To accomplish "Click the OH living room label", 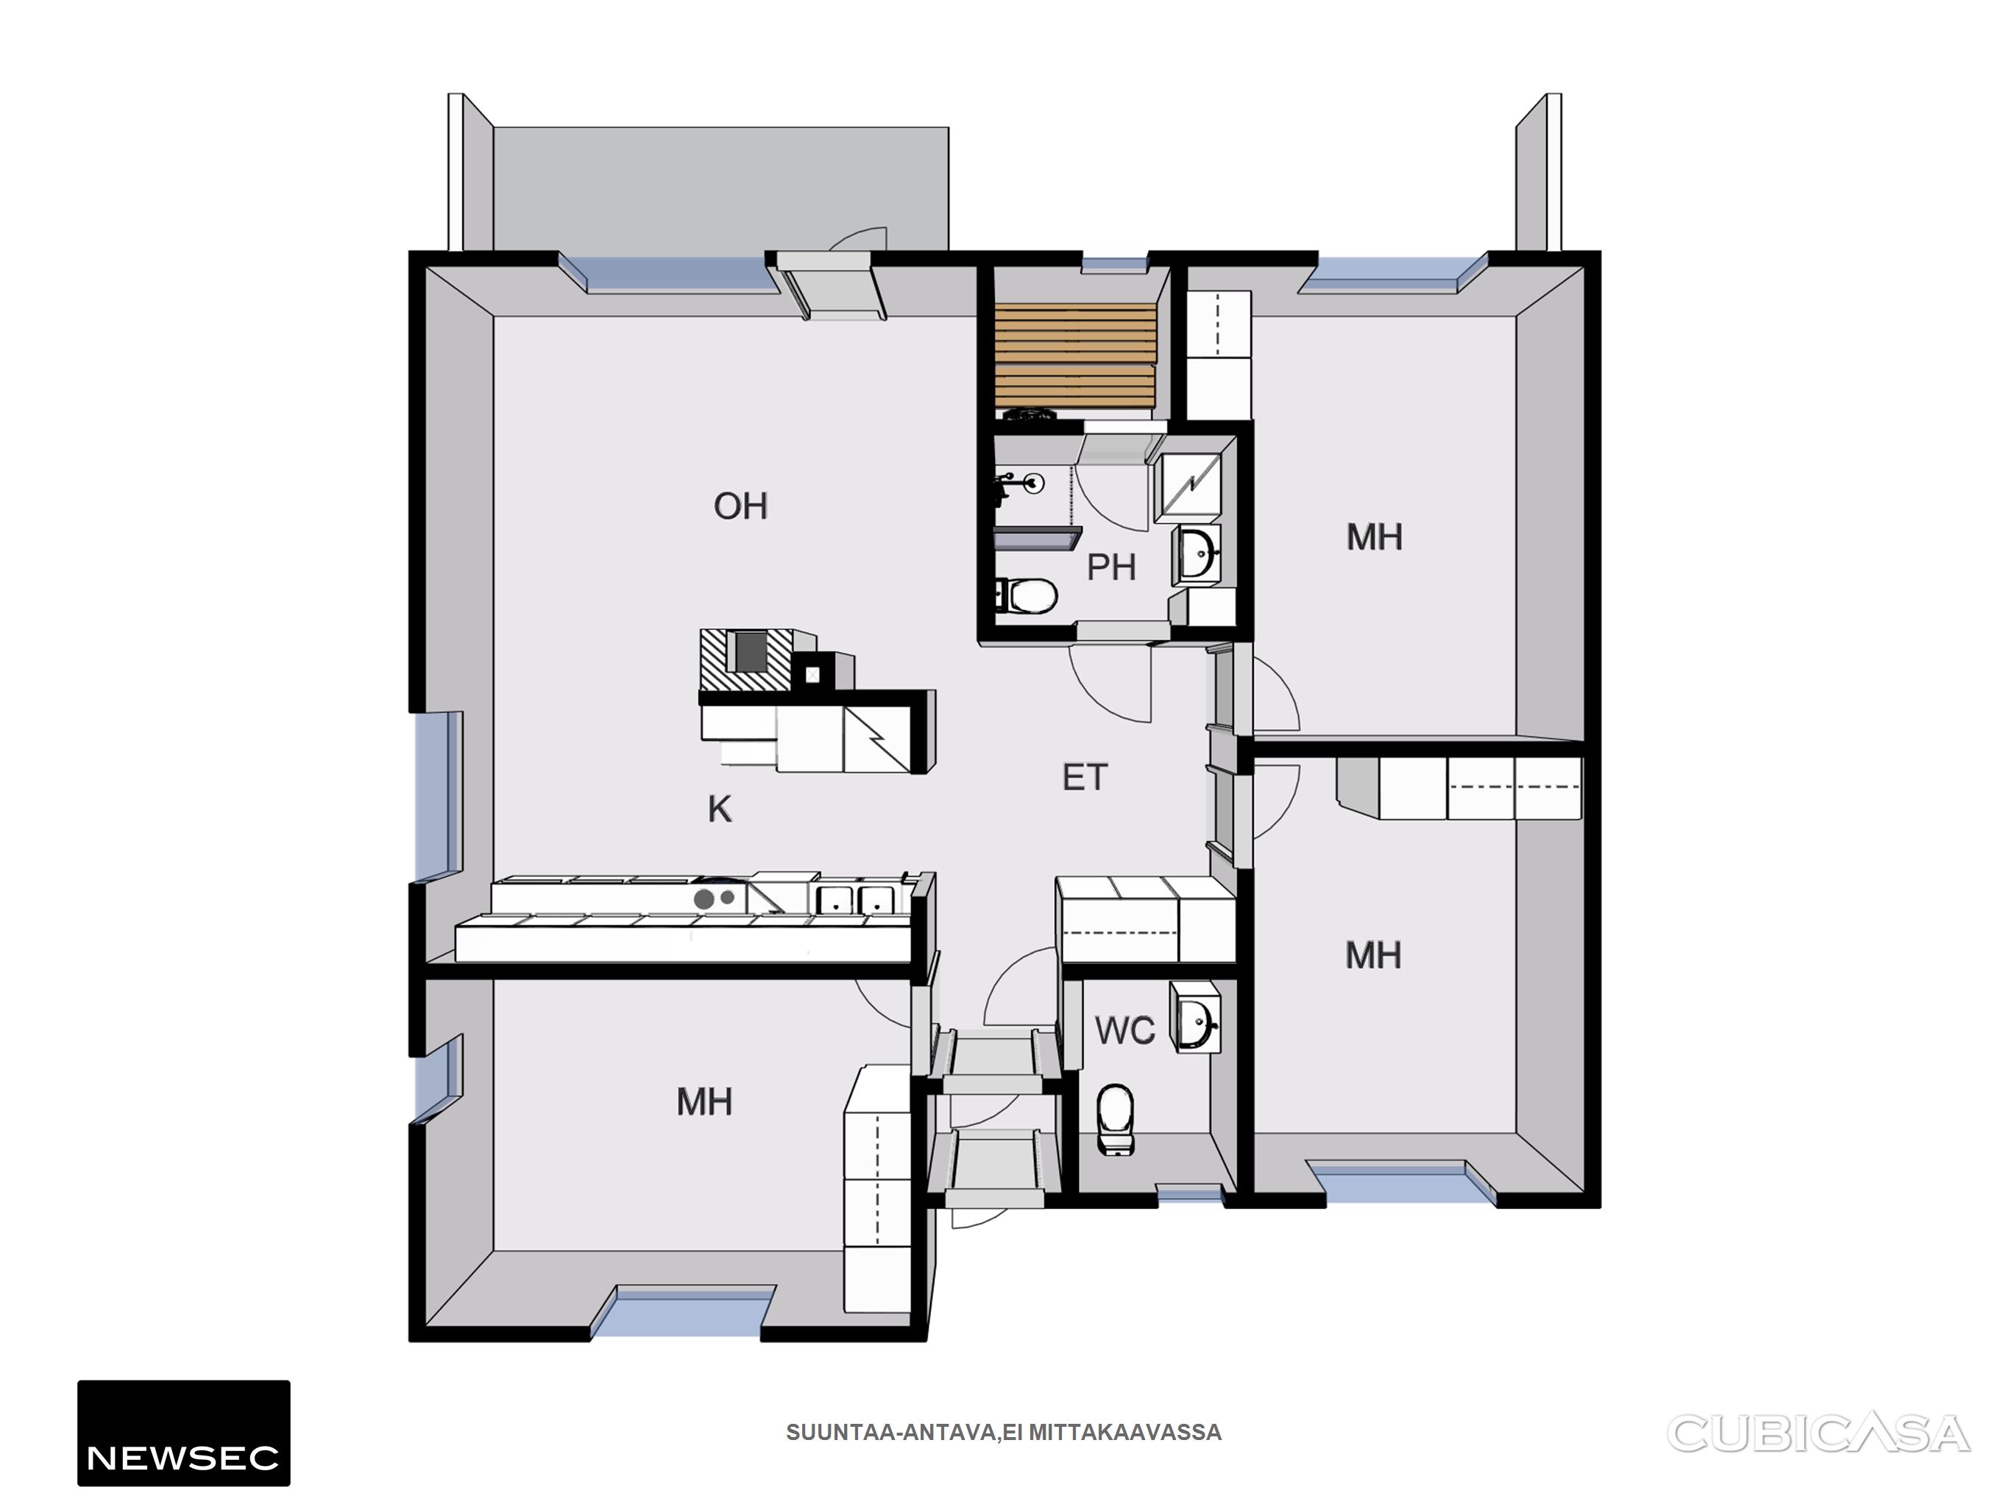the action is pos(740,506).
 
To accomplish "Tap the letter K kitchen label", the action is pos(719,809).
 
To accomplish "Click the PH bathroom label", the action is pos(1110,567).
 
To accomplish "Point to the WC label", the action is pos(1124,1030).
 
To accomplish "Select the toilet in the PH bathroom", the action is pos(1027,596).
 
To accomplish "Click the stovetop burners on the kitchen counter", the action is pos(715,898).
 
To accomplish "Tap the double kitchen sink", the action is pos(854,899).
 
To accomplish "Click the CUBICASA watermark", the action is pos(1818,1433).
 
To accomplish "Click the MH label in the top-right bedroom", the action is pos(1374,537).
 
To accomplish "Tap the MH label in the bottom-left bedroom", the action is pos(704,1102).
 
